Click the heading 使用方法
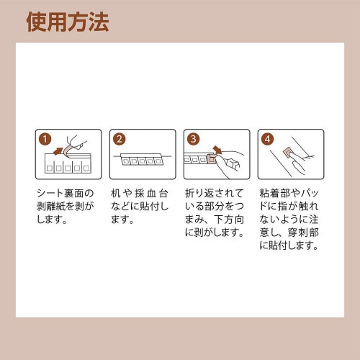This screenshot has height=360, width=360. [x=68, y=22]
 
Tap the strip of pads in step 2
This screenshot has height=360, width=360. [x=142, y=161]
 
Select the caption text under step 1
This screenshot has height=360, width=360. [x=67, y=206]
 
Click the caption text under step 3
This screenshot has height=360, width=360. [x=215, y=212]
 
